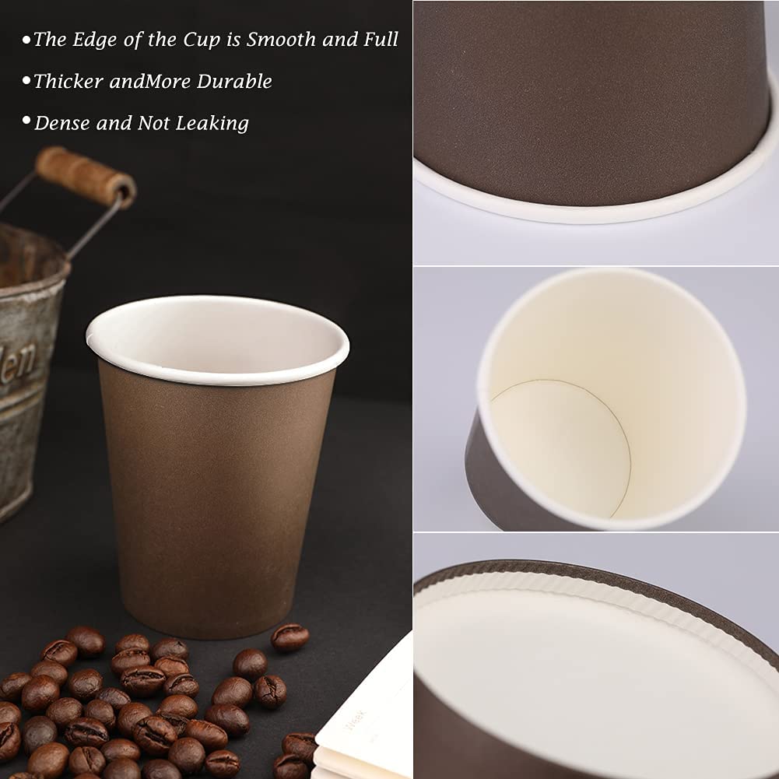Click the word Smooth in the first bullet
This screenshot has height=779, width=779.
(281, 39)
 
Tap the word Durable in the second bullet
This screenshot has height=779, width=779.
(234, 81)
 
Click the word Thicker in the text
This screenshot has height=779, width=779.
(68, 81)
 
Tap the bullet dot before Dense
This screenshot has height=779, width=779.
(26, 120)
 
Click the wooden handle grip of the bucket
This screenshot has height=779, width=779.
(86, 177)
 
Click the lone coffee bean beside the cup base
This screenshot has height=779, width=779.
(289, 637)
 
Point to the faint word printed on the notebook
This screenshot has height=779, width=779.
(356, 719)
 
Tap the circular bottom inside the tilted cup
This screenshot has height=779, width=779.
(561, 444)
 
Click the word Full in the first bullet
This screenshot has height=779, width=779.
(381, 39)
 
